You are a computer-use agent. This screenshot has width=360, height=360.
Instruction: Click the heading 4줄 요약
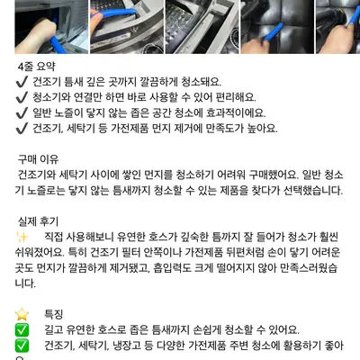(x=36, y=67)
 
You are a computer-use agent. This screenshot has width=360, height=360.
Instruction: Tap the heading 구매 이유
(x=38, y=159)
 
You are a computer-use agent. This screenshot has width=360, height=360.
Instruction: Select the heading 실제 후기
(x=38, y=221)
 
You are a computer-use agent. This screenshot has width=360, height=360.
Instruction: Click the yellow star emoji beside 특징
(x=22, y=314)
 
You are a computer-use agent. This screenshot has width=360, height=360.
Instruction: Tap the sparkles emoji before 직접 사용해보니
(x=22, y=237)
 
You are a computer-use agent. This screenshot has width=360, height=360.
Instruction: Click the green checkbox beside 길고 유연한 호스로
(x=22, y=329)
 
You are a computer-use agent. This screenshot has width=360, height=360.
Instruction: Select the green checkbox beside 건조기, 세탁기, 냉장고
(x=22, y=346)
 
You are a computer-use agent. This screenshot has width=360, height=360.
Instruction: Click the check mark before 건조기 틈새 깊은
(x=22, y=82)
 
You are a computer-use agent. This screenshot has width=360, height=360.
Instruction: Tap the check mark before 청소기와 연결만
(x=22, y=97)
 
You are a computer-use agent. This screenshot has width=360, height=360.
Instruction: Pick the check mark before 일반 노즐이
(x=22, y=113)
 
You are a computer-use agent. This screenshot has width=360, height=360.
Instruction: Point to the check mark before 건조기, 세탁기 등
(x=22, y=129)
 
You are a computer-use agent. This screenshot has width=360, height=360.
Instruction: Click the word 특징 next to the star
(x=54, y=314)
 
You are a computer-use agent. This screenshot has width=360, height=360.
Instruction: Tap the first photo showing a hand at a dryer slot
(x=51, y=27)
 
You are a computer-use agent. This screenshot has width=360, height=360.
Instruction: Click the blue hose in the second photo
(x=114, y=13)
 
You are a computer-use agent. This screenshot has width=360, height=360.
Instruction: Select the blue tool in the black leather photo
(x=272, y=33)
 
